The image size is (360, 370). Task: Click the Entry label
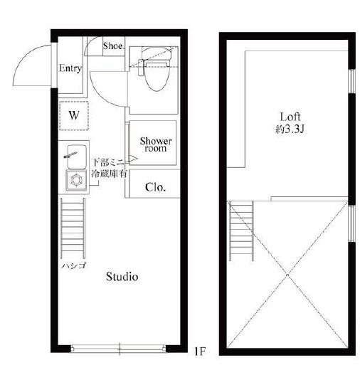pos(70,68)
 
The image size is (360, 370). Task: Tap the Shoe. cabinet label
pos(114,46)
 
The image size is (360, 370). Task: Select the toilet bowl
pos(155,76)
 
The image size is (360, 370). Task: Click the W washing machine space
pos(74,115)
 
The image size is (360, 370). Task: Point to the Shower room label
pos(156,144)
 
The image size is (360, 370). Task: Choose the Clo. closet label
pos(155,187)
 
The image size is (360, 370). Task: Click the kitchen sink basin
pos(77,157)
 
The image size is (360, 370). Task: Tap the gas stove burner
pos(76,180)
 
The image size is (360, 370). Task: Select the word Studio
pos(122,277)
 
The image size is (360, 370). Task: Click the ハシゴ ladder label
pos(74,265)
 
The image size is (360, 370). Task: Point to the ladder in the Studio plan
pos(73,228)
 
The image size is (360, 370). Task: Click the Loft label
pos(290,117)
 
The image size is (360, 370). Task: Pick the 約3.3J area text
pos(290,129)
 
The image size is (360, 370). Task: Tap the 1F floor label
pos(200,351)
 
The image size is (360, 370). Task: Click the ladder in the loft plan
pos(241,231)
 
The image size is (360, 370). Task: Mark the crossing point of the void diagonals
pos(287,275)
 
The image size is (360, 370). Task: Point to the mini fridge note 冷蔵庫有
pos(109,174)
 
